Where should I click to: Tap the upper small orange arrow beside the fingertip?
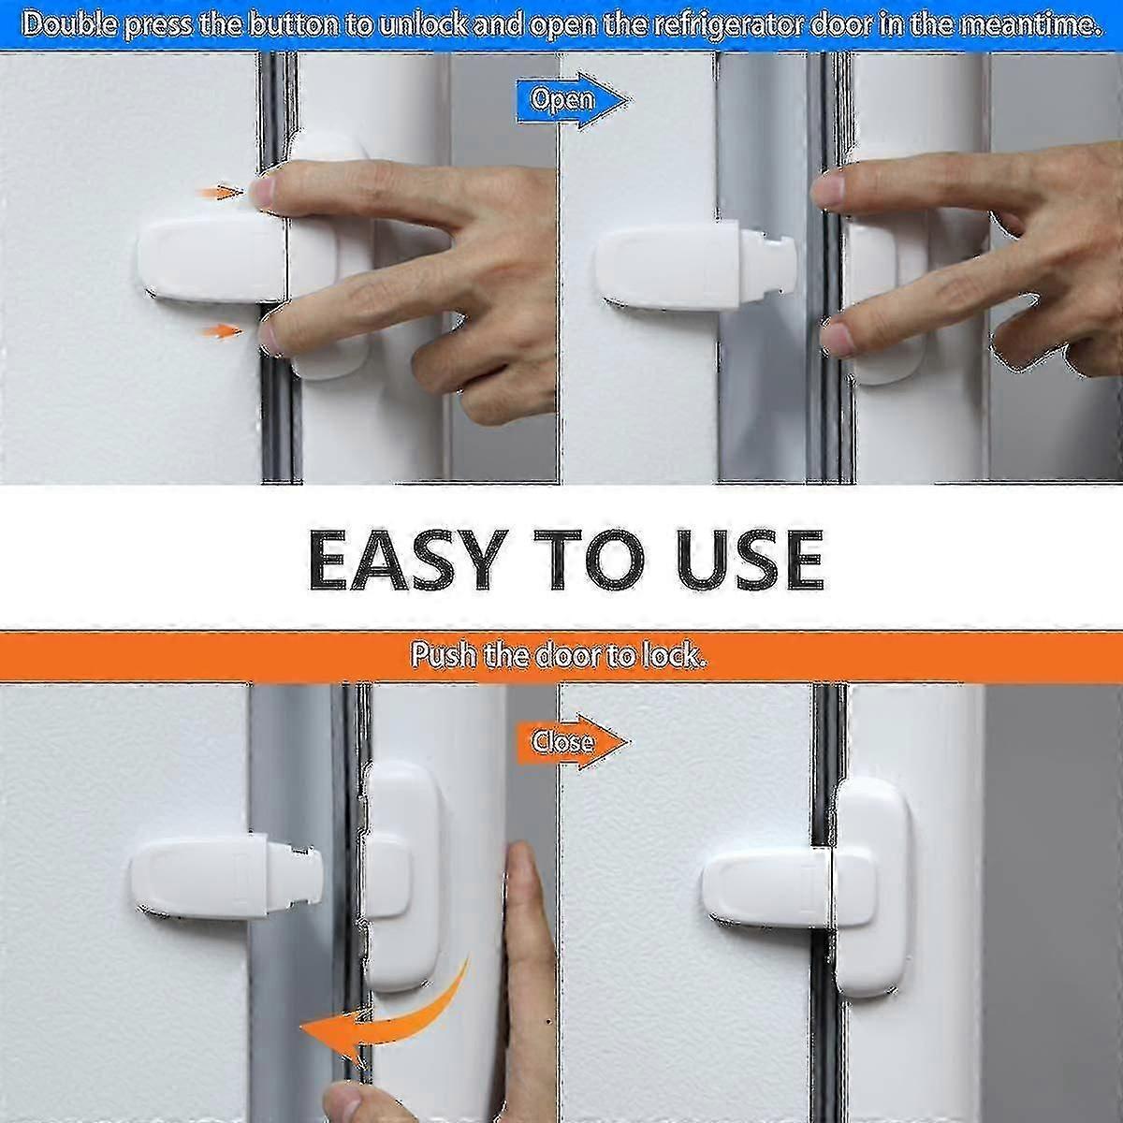click(221, 193)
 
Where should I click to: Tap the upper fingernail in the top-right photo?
click(829, 191)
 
